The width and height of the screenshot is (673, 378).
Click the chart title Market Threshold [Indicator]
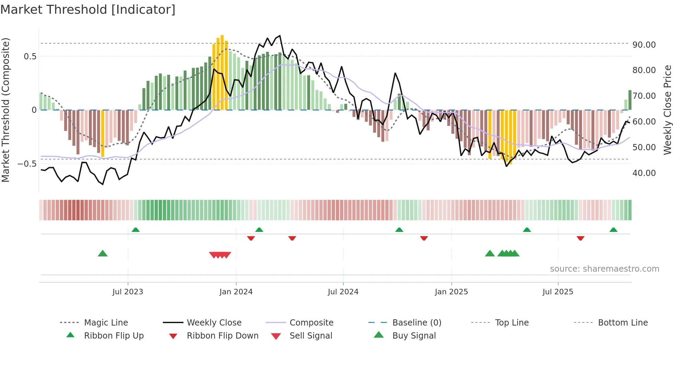click(88, 10)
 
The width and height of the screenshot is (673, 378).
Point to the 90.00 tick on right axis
click(644, 45)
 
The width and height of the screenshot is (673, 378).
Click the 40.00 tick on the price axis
click(644, 173)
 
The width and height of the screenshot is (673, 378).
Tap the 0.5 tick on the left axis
click(30, 56)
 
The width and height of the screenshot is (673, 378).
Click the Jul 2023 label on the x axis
click(127, 292)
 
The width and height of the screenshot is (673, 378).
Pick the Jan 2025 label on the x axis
click(451, 292)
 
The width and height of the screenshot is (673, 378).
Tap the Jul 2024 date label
click(343, 292)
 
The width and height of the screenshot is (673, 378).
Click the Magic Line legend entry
click(106, 322)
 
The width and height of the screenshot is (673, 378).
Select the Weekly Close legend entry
click(214, 322)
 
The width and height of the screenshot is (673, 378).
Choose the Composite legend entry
click(311, 322)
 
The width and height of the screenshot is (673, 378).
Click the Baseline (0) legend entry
click(417, 322)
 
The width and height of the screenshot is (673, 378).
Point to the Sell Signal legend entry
click(311, 335)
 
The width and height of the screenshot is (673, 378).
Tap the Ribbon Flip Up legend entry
click(114, 335)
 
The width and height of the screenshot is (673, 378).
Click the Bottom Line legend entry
click(623, 322)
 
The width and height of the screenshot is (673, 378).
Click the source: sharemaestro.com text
click(604, 269)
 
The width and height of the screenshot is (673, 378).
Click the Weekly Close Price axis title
click(667, 110)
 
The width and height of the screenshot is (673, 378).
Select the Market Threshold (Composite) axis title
click(5, 110)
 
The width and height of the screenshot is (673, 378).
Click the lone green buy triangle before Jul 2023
click(103, 253)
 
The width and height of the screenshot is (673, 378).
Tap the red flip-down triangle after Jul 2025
click(580, 238)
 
